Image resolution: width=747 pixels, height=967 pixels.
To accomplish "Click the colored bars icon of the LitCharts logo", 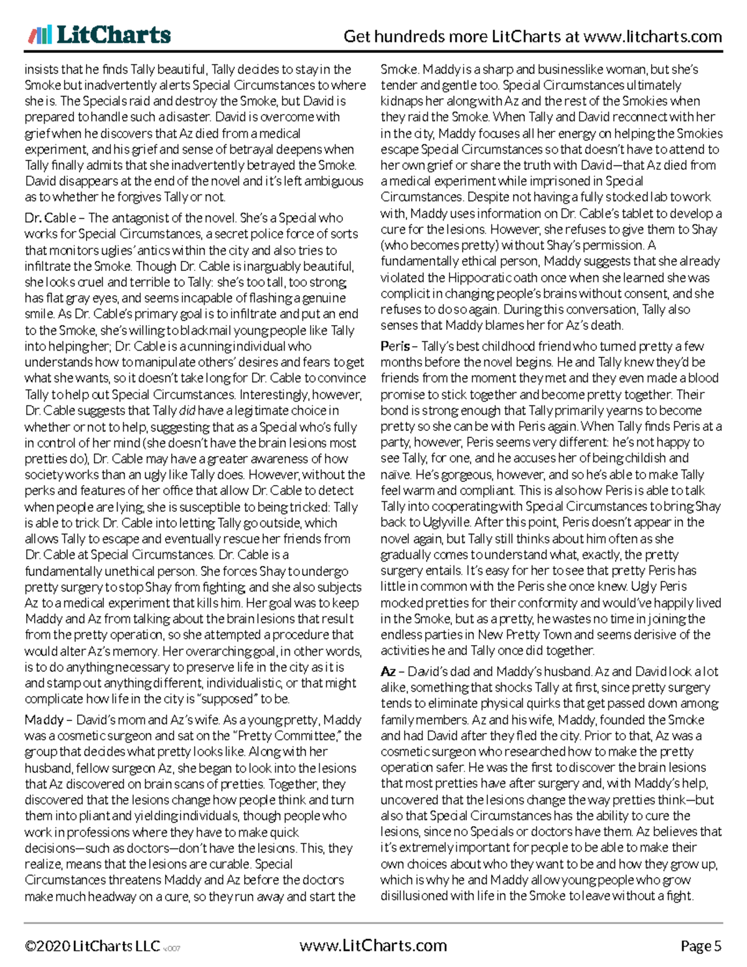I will point(39,35).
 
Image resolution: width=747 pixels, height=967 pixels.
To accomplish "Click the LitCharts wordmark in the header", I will point(113,35).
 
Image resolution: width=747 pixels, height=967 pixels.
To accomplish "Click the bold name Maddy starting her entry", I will point(44,720).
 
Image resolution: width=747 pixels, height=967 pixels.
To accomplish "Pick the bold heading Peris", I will point(395,346).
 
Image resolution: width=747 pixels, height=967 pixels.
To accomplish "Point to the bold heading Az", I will point(387,672).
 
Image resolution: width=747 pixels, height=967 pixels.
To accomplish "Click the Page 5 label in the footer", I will point(701,946).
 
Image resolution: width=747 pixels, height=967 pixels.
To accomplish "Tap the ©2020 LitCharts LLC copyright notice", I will point(92,946).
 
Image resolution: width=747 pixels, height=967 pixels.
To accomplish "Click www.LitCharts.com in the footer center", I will point(373,945).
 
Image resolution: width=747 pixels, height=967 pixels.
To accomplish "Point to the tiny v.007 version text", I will point(172,948).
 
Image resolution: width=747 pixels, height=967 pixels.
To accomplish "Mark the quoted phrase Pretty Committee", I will point(290,736).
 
